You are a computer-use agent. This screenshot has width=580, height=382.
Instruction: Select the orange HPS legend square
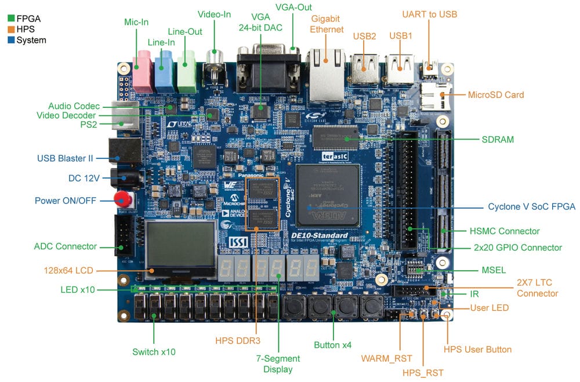click(x=9, y=30)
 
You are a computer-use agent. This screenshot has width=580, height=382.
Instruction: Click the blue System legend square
click(x=9, y=40)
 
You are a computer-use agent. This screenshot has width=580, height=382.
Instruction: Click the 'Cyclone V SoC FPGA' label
click(x=531, y=207)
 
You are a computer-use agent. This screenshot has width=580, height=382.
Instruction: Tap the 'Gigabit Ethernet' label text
click(x=327, y=24)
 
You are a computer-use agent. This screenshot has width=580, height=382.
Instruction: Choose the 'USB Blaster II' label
click(x=66, y=158)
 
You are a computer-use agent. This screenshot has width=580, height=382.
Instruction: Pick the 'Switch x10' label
click(x=154, y=351)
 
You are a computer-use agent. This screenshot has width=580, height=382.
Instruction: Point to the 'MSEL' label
click(x=494, y=270)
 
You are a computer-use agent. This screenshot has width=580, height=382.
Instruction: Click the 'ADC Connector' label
click(x=66, y=246)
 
